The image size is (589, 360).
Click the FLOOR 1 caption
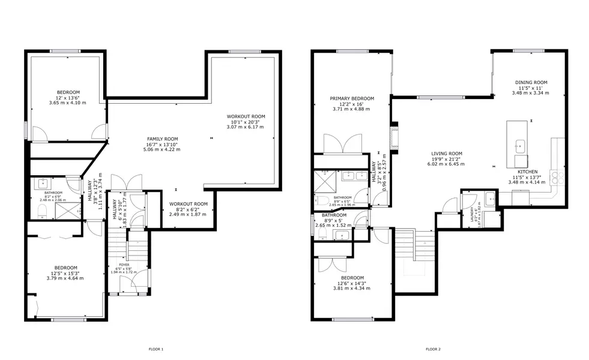pos(156,349)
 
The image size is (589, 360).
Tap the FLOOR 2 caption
pos(433,349)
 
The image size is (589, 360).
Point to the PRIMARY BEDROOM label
pos(352,98)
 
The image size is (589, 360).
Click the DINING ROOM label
pos(531,82)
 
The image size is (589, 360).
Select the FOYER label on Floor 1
pos(124,264)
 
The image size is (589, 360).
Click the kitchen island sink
pos(520,145)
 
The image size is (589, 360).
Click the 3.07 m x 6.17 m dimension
pos(245,127)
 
